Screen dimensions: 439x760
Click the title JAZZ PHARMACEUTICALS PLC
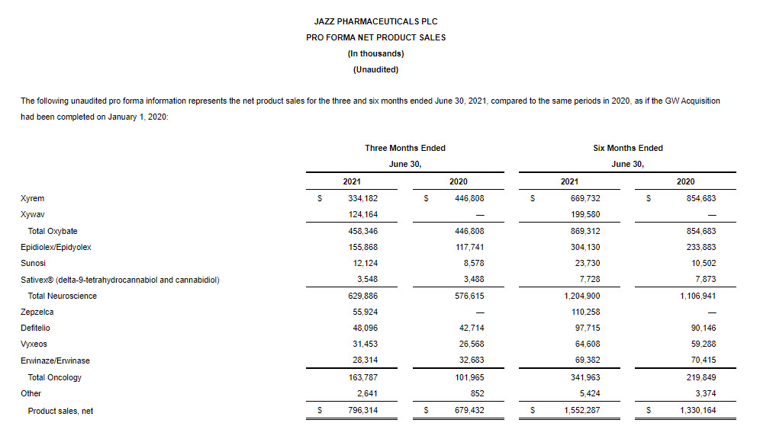[x=375, y=21]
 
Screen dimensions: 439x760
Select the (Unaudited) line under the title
[x=375, y=69]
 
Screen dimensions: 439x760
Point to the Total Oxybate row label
[x=53, y=231]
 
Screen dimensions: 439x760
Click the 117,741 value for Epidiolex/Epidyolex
[x=469, y=247]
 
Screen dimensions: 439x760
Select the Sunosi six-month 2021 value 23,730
[x=585, y=264]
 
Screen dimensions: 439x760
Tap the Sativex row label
[x=120, y=280]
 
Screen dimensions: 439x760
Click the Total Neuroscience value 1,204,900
[x=581, y=296]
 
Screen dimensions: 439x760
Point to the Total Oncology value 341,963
[x=583, y=377]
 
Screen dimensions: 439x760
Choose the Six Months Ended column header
[x=627, y=148]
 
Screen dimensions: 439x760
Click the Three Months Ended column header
[x=405, y=148]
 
